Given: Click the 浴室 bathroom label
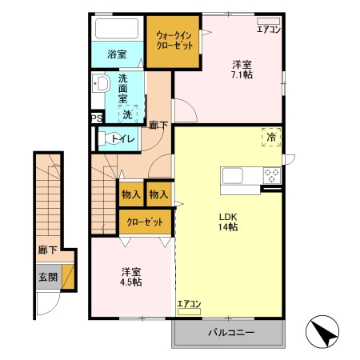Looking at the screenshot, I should pyautogui.click(x=117, y=54).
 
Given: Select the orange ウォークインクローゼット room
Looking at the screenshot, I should pyautogui.click(x=174, y=40).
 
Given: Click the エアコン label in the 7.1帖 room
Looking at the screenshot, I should pyautogui.click(x=268, y=30).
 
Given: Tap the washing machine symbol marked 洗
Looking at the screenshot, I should pyautogui.click(x=127, y=114).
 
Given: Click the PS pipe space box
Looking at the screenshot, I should pyautogui.click(x=96, y=118).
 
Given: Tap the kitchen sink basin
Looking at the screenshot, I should pyautogui.click(x=234, y=176).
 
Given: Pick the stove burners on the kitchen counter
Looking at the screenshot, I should pyautogui.click(x=270, y=176).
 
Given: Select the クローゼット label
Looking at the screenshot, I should pyautogui.click(x=145, y=221).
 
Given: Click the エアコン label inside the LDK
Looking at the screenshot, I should pyautogui.click(x=189, y=304).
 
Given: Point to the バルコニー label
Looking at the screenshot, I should pyautogui.click(x=231, y=332).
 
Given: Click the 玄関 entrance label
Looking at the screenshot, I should pyautogui.click(x=46, y=277).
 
